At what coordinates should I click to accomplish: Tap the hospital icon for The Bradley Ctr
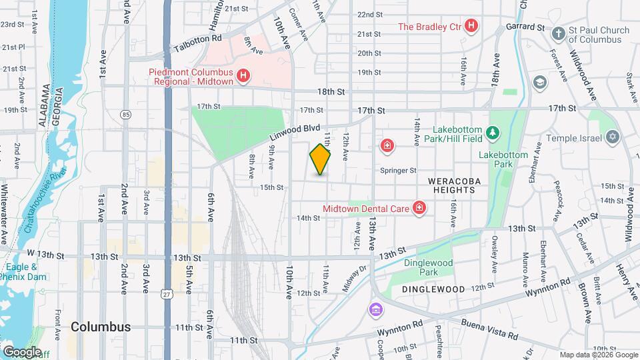472,27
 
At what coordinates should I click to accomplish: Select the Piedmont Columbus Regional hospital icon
243,76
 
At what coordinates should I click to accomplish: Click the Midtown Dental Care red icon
419,209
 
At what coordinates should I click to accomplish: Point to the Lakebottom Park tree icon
493,133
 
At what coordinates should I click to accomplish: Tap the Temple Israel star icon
612,138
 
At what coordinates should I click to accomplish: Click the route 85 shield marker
126,115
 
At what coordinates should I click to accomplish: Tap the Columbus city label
100,327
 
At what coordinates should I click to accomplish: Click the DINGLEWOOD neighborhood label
433,289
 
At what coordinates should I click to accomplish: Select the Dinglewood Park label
429,267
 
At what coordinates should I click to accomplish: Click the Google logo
21,351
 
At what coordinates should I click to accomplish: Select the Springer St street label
398,171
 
